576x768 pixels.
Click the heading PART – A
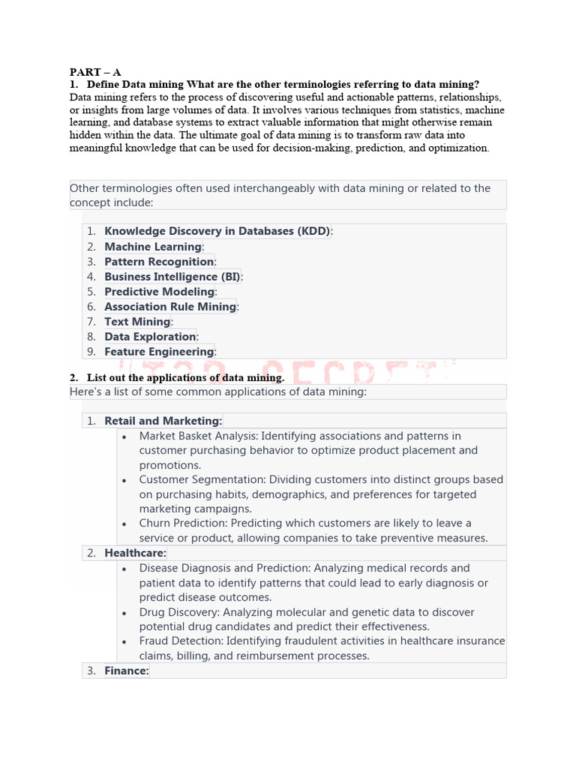pos(95,72)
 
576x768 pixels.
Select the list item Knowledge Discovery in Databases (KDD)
pos(217,232)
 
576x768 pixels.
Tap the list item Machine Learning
pos(153,247)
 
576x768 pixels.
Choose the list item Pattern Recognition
pos(159,262)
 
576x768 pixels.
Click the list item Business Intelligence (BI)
pos(172,277)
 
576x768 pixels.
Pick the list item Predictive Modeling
pos(159,292)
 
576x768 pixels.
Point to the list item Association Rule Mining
pos(170,307)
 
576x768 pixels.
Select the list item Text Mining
pos(137,322)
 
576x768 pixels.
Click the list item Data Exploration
pos(150,337)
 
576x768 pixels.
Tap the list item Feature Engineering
pos(159,352)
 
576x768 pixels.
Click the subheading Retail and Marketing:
pos(163,421)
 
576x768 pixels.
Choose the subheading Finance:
pos(127,671)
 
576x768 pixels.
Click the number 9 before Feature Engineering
pos(91,352)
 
